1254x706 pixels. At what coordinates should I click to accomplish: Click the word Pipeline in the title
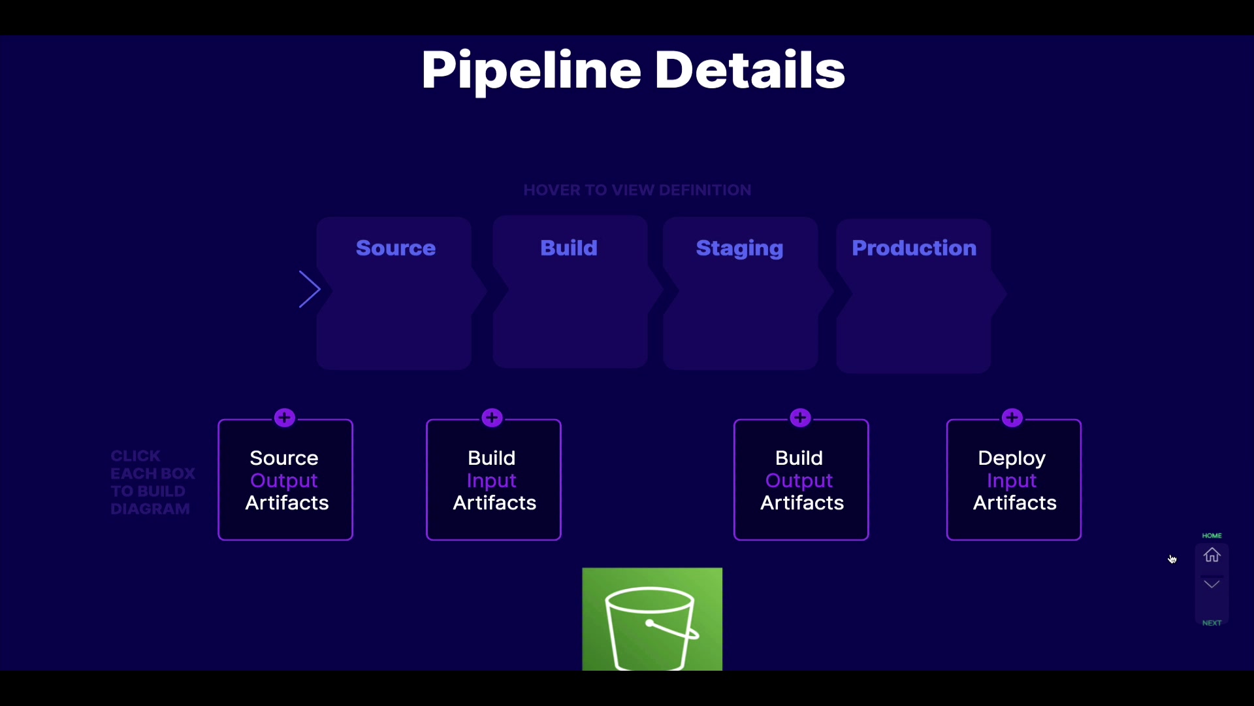pos(530,70)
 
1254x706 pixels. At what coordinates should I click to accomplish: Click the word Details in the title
pos(749,70)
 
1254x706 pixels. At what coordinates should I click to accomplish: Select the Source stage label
pos(395,248)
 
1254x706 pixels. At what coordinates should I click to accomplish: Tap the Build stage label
pos(568,248)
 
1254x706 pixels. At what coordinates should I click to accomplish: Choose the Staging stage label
pos(739,248)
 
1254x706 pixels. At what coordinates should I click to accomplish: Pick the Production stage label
pos(914,248)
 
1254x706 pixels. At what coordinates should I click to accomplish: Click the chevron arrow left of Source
pos(310,289)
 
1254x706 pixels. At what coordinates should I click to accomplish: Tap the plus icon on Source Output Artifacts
pos(285,418)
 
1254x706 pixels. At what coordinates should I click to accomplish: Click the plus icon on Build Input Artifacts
pos(492,418)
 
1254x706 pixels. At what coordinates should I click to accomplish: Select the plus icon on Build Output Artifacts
pos(800,418)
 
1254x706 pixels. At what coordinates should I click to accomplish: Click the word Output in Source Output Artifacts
pos(284,480)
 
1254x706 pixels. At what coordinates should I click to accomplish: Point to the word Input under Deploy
pos(1012,480)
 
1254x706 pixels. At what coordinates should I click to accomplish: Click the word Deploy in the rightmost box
pos(1012,458)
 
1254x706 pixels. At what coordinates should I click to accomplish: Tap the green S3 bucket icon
pos(652,619)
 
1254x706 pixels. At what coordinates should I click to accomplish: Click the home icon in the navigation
pos(1212,555)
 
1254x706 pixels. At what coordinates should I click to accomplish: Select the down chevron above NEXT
pos(1212,584)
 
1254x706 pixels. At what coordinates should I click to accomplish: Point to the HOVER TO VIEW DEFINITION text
pos(637,190)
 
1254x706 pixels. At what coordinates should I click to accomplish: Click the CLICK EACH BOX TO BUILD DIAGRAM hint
pos(152,482)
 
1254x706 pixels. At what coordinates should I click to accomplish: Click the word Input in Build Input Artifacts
pos(492,480)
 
